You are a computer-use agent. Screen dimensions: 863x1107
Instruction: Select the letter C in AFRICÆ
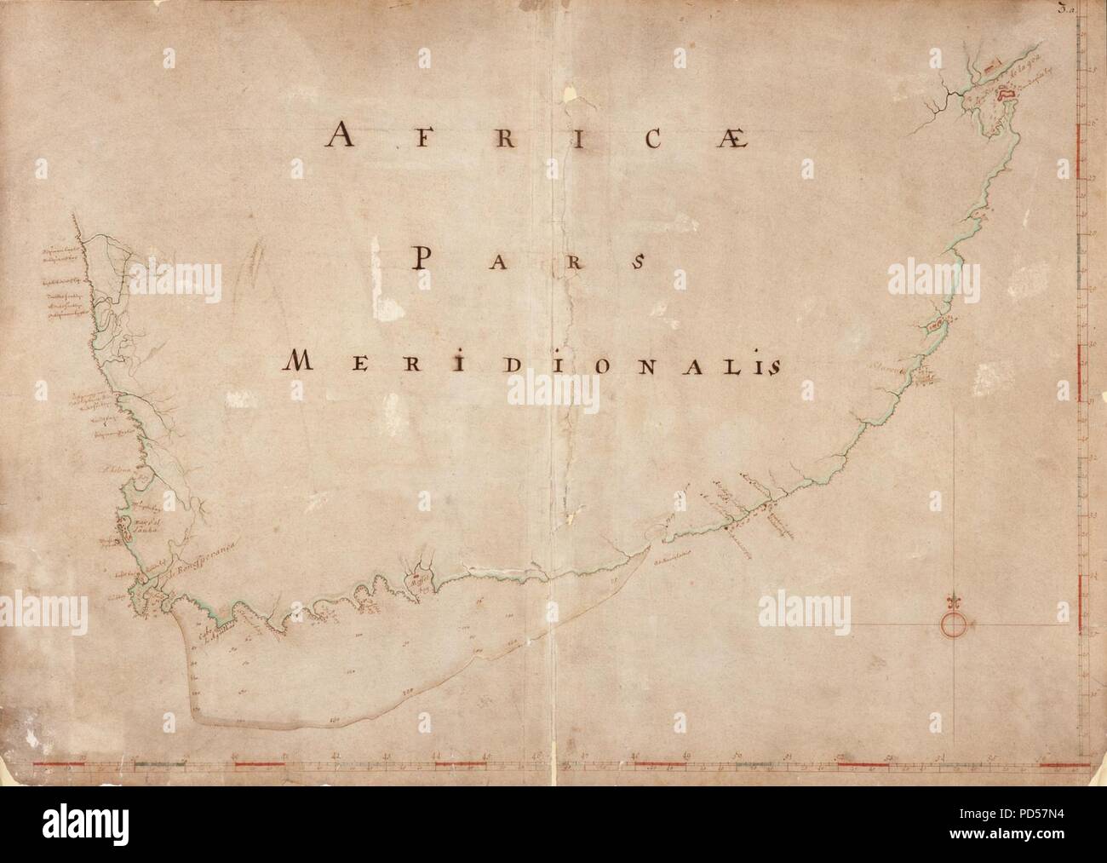pyautogui.click(x=651, y=137)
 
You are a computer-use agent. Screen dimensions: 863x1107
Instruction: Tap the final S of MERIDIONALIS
pyautogui.click(x=772, y=365)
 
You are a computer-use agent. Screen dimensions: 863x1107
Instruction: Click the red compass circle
pyautogui.click(x=953, y=624)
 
